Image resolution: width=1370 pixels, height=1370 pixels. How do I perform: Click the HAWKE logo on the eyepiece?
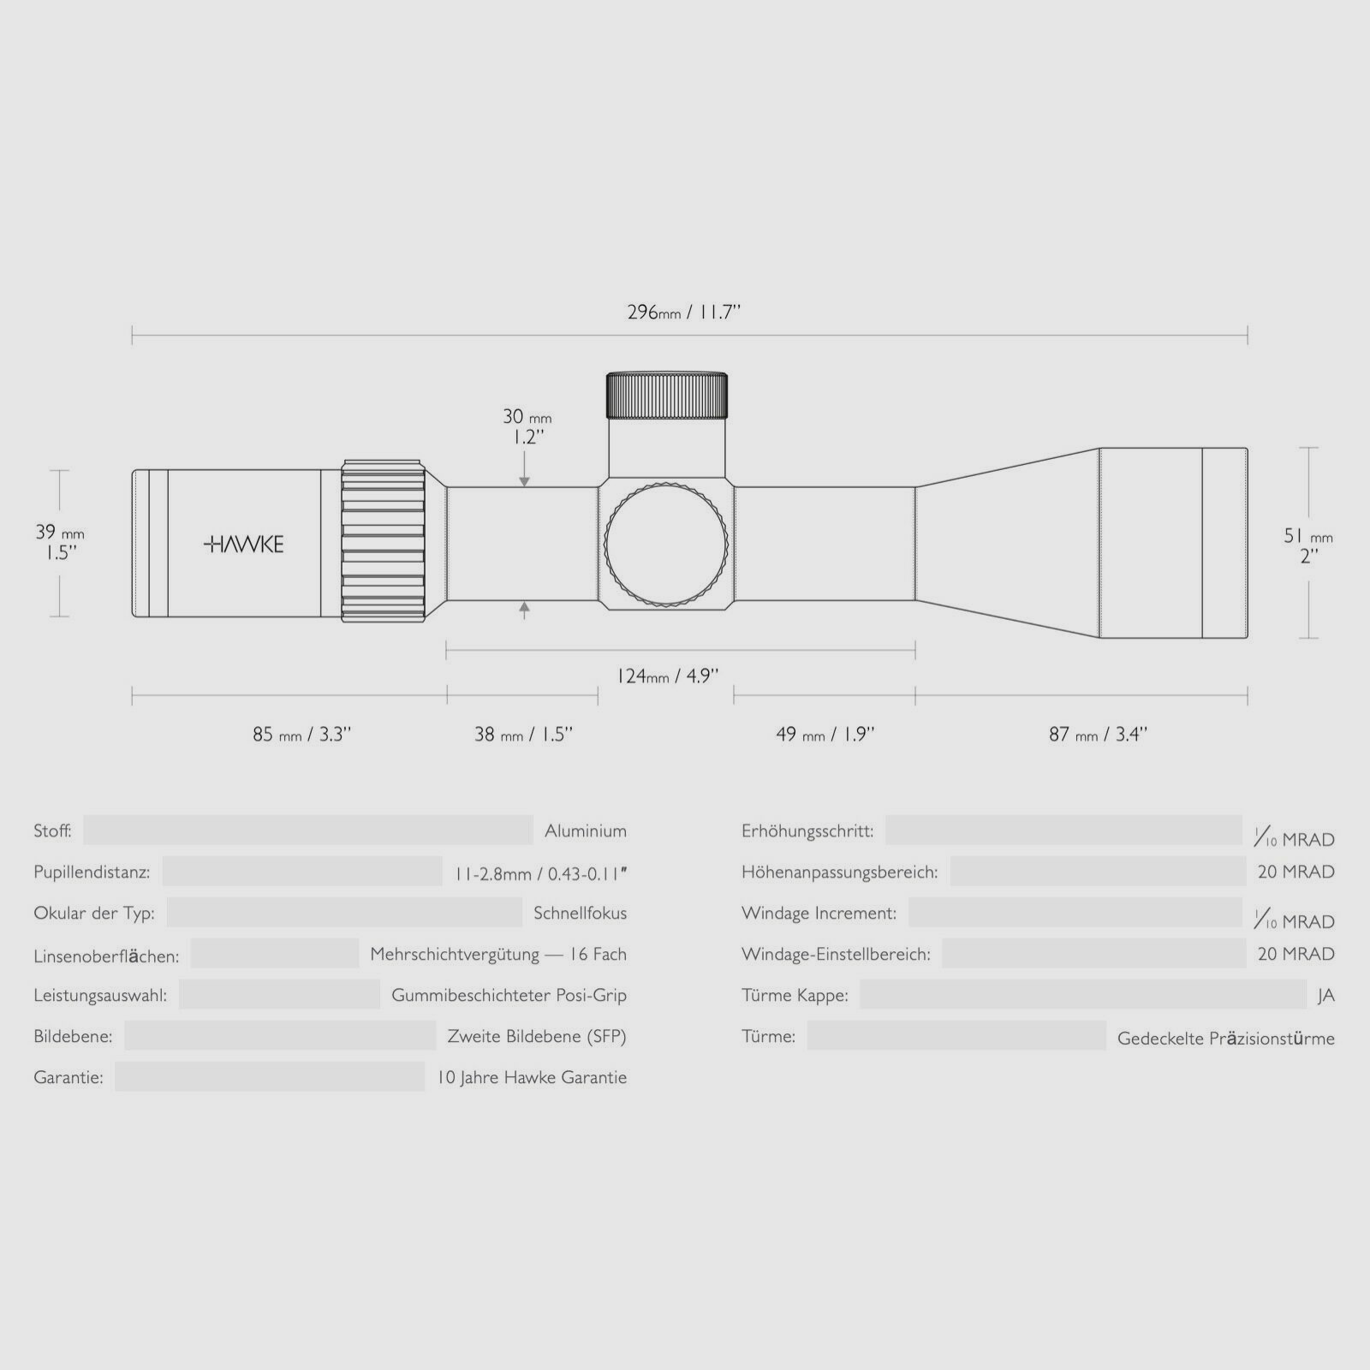pyautogui.click(x=244, y=544)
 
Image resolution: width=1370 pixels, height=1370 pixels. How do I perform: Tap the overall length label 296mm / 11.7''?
pyautogui.click(x=683, y=312)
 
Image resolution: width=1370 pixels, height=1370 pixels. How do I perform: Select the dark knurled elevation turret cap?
pyautogui.click(x=667, y=395)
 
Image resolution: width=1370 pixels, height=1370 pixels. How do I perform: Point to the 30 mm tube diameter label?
pyautogui.click(x=526, y=426)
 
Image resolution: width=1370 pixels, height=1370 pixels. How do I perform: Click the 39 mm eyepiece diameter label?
pyautogui.click(x=59, y=542)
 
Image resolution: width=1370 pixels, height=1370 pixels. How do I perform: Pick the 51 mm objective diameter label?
pyautogui.click(x=1307, y=545)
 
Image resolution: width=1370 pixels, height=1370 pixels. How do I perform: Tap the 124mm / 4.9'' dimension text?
pyautogui.click(x=667, y=676)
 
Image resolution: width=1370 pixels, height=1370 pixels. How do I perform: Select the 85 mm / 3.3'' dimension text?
pyautogui.click(x=301, y=734)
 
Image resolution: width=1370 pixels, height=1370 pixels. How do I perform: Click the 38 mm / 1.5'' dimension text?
pyautogui.click(x=523, y=734)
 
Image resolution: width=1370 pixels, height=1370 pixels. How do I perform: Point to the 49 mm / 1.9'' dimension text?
pyautogui.click(x=825, y=734)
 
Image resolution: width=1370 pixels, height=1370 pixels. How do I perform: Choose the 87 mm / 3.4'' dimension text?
pyautogui.click(x=1098, y=734)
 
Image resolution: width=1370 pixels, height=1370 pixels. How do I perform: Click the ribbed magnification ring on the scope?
pyautogui.click(x=384, y=542)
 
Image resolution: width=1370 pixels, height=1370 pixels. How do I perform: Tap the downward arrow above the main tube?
pyautogui.click(x=525, y=480)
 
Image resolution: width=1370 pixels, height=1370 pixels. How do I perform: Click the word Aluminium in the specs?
pyautogui.click(x=586, y=831)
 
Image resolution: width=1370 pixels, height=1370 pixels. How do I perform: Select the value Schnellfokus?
pyautogui.click(x=580, y=913)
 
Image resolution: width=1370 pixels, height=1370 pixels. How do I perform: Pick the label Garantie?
pyautogui.click(x=68, y=1077)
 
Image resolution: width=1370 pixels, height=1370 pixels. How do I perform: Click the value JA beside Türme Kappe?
pyautogui.click(x=1325, y=996)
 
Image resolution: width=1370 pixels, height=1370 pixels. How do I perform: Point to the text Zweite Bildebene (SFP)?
pyautogui.click(x=537, y=1036)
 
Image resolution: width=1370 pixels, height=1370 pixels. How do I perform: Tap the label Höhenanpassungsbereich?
pyautogui.click(x=839, y=872)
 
